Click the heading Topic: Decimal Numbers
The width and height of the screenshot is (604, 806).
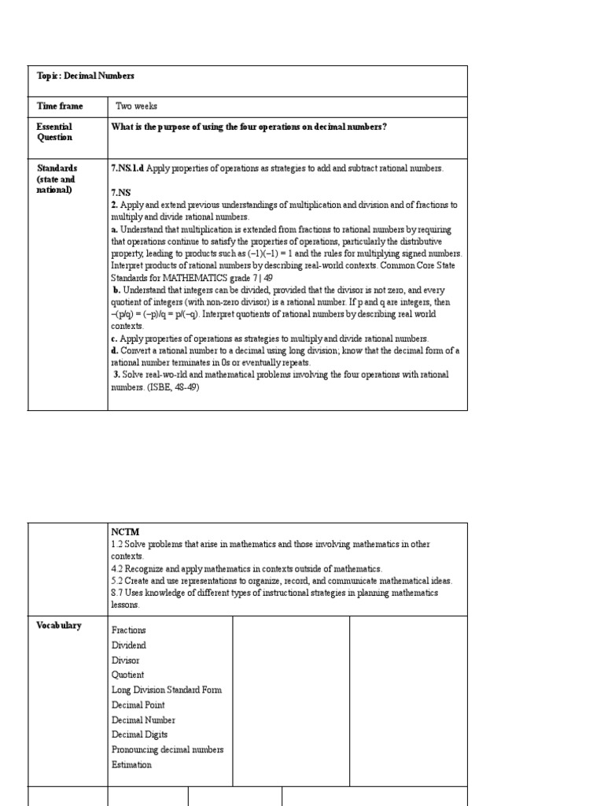[x=86, y=76]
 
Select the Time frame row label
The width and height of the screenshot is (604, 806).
[x=59, y=105]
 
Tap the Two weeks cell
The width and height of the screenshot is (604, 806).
[x=136, y=105]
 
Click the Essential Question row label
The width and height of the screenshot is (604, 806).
[x=54, y=131]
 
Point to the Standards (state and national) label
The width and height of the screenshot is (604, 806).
[x=57, y=179]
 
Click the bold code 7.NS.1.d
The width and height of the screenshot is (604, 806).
[x=128, y=168]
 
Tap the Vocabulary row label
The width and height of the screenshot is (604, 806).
[x=59, y=625]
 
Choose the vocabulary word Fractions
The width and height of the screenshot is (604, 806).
[x=129, y=630]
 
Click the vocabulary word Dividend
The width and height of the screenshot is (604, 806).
[x=129, y=645]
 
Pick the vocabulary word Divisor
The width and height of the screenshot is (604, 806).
[x=126, y=660]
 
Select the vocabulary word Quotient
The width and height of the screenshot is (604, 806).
[x=128, y=675]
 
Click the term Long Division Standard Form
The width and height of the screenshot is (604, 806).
[x=167, y=690]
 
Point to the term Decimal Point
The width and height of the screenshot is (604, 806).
[x=138, y=704]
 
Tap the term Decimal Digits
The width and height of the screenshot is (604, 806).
[x=140, y=734]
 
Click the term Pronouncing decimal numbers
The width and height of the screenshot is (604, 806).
[x=168, y=749]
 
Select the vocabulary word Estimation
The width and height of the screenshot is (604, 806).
[x=132, y=764]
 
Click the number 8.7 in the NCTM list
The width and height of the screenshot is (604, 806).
[x=118, y=593]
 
